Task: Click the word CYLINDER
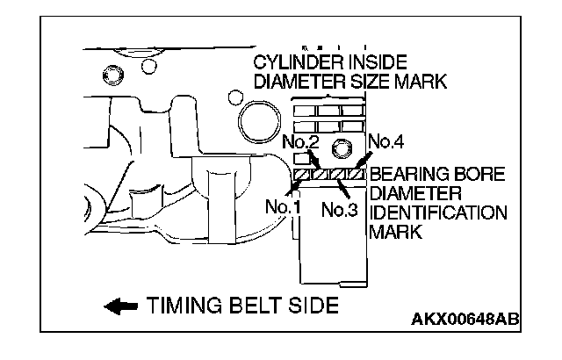pyautogui.click(x=294, y=63)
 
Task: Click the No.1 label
pyautogui.click(x=284, y=208)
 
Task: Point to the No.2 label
pyautogui.click(x=300, y=141)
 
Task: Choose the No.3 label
pyautogui.click(x=338, y=210)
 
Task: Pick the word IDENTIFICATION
pyautogui.click(x=439, y=213)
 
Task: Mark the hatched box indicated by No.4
pyautogui.click(x=356, y=175)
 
